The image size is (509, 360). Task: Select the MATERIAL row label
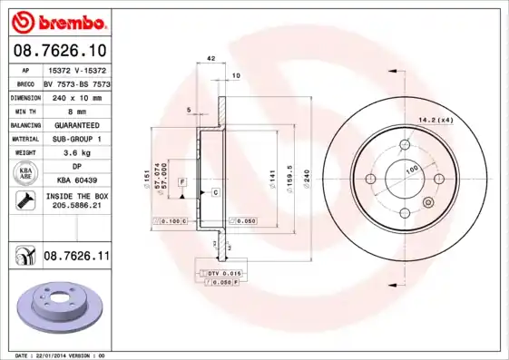click(x=25, y=139)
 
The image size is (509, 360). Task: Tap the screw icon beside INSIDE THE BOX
click(x=25, y=200)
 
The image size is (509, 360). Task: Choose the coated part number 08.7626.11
click(x=76, y=258)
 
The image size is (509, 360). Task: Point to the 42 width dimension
click(x=210, y=58)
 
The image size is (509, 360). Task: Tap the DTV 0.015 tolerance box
click(x=222, y=273)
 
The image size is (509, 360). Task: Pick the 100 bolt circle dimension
click(x=411, y=170)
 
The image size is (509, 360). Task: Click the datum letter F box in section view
click(x=183, y=182)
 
